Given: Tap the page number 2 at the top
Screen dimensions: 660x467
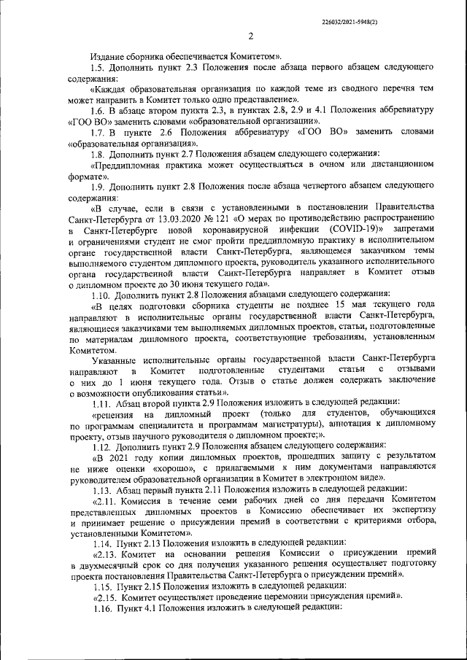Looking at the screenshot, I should tap(250, 37).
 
